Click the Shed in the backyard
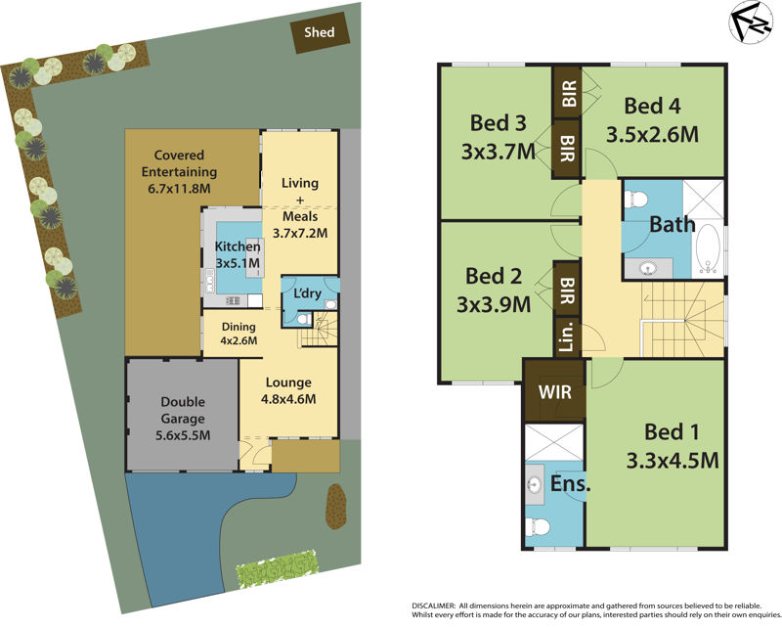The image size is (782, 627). [319, 33]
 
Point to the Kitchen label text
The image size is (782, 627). [237, 246]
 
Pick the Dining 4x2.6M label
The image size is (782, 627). [239, 334]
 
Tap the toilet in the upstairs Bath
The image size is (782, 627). [637, 199]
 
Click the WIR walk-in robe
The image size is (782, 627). [553, 394]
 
